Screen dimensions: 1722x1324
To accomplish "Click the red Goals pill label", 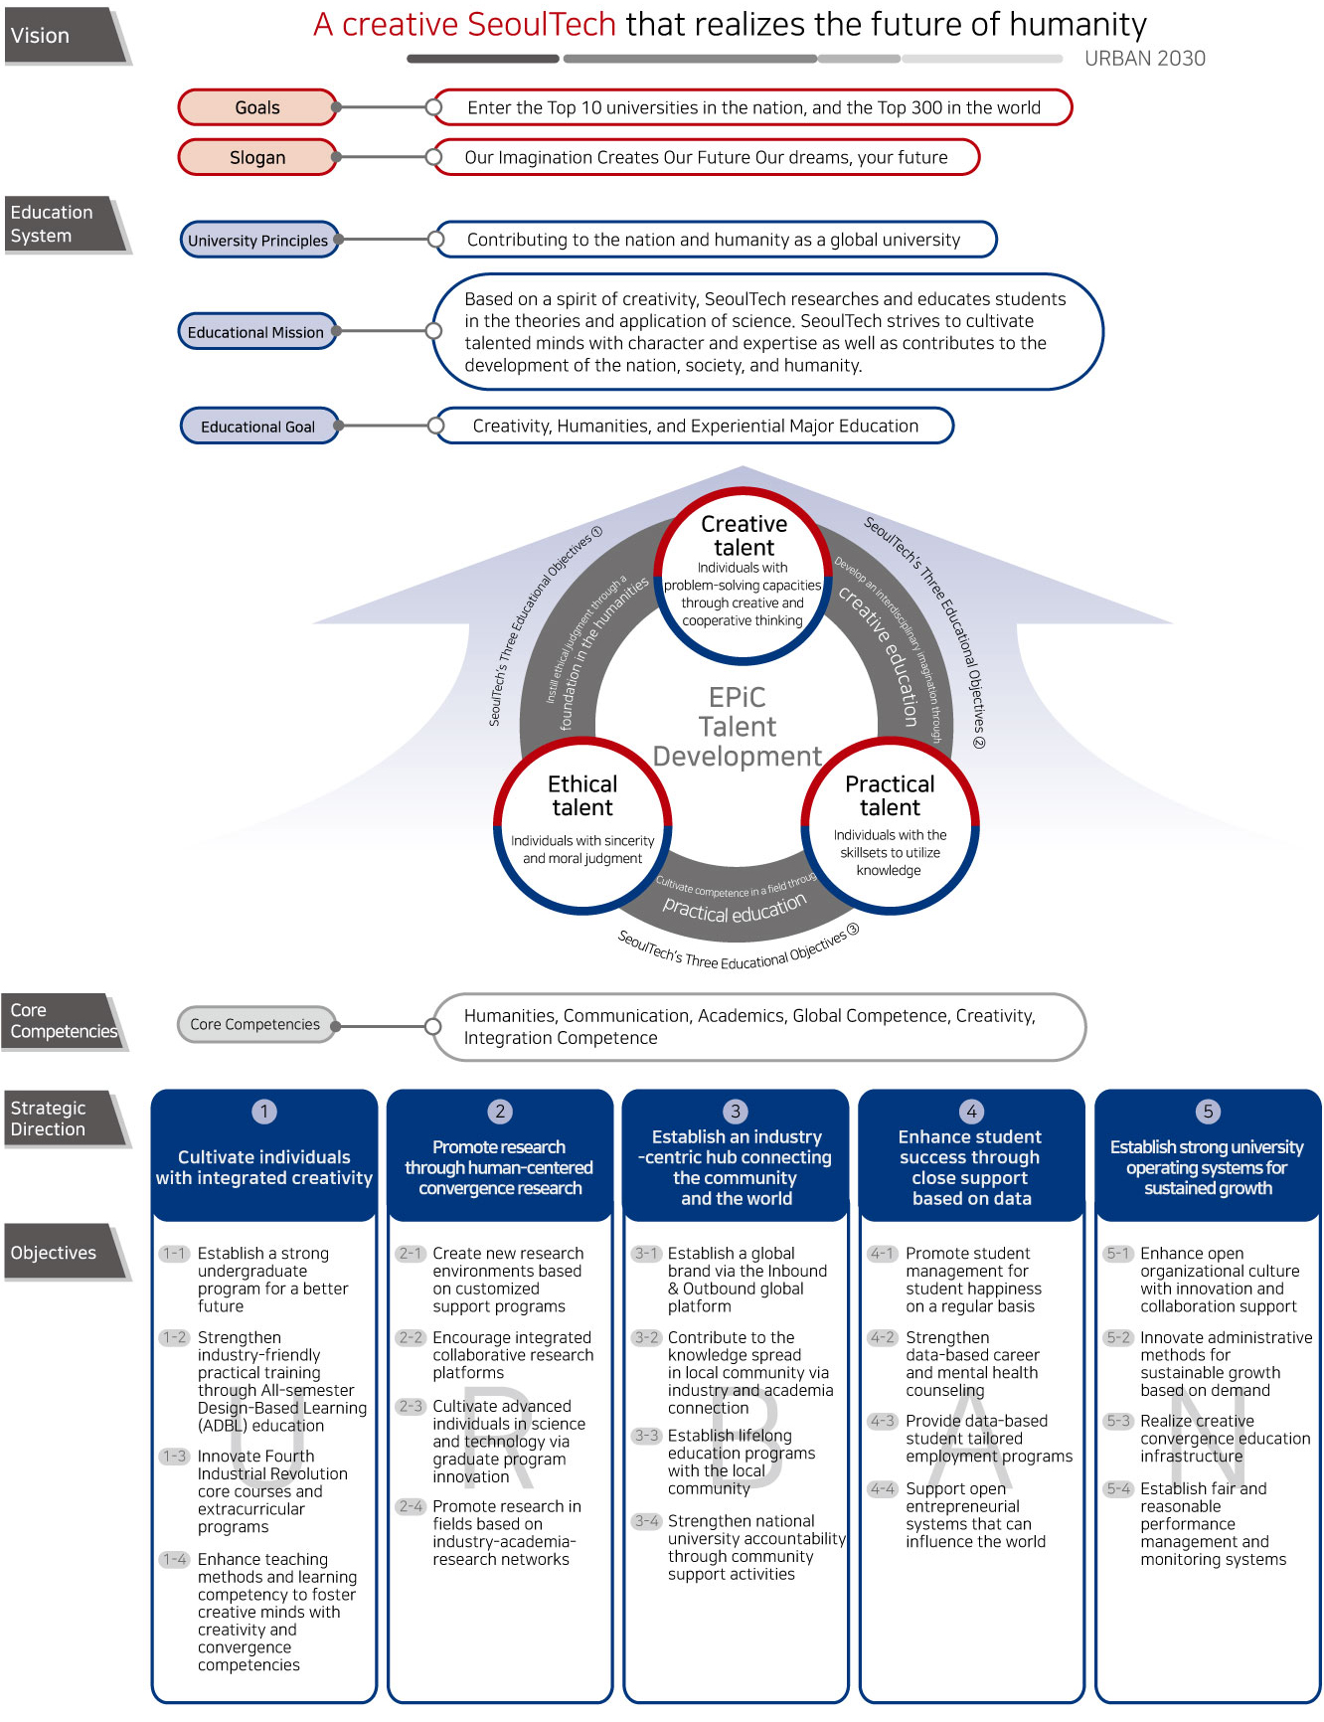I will pyautogui.click(x=257, y=107).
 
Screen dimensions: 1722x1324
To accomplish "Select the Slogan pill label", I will pyautogui.click(x=257, y=157).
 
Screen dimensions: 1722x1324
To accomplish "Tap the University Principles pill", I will pyautogui.click(x=258, y=241).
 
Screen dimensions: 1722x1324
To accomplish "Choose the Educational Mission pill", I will pyautogui.click(x=256, y=332).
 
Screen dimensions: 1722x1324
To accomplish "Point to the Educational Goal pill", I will pyautogui.click(x=258, y=427).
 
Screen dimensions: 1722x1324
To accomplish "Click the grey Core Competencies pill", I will pyautogui.click(x=255, y=1024).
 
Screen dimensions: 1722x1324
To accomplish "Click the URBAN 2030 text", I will pyautogui.click(x=1144, y=59).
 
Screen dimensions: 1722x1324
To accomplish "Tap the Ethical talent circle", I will pyautogui.click(x=582, y=824).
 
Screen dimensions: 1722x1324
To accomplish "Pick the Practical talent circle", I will pyautogui.click(x=890, y=824).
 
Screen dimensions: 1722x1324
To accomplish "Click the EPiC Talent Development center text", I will pyautogui.click(x=738, y=727).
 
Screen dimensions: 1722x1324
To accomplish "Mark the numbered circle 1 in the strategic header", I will pyautogui.click(x=264, y=1112).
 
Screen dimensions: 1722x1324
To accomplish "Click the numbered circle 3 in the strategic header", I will pyautogui.click(x=736, y=1112).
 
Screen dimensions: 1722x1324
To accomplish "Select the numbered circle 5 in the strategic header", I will pyautogui.click(x=1208, y=1112).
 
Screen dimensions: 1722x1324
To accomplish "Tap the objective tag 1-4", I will pyautogui.click(x=175, y=1559).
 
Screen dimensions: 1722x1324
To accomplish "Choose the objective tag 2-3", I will pyautogui.click(x=411, y=1406).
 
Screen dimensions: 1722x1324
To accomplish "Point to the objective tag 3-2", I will pyautogui.click(x=646, y=1337).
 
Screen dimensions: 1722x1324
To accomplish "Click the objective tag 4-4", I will pyautogui.click(x=882, y=1488).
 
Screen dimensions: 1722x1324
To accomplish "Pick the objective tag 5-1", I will pyautogui.click(x=1118, y=1254).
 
